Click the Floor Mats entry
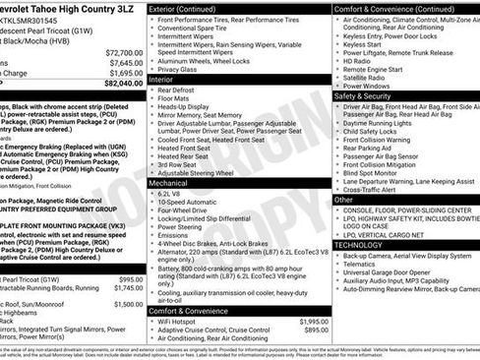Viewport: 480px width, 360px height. click(175, 98)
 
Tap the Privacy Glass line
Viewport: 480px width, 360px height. click(180, 69)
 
